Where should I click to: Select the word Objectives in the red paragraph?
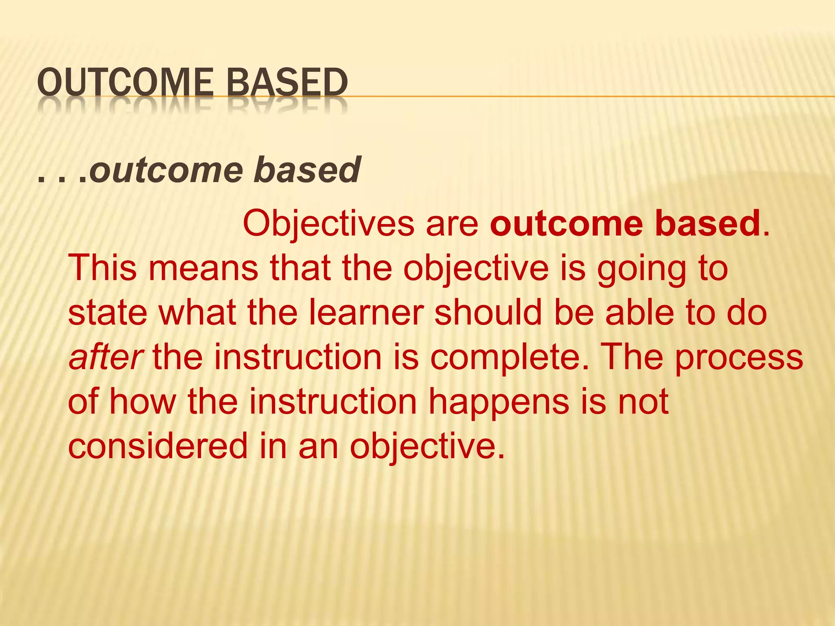coord(329,224)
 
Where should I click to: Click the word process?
coord(739,358)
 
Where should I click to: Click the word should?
coord(489,313)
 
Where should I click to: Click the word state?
coord(108,313)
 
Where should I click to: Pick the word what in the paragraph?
coord(197,313)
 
